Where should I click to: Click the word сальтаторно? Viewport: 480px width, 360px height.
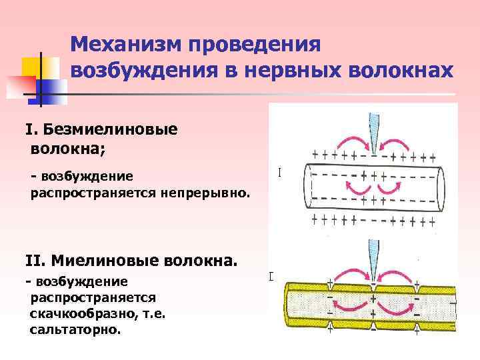(76, 329)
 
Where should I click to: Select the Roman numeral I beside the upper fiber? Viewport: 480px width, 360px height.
(279, 172)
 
